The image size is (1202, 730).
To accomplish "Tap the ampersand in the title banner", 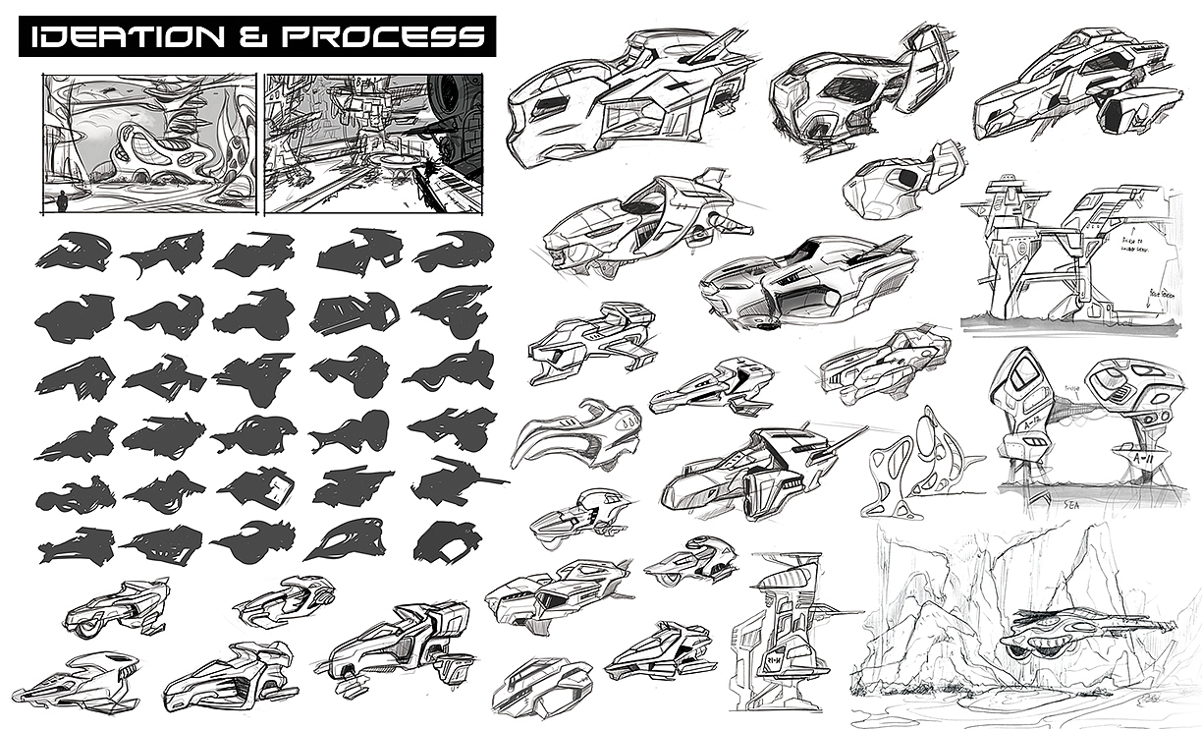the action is pos(257,37).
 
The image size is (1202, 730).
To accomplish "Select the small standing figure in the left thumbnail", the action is pos(64,201).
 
